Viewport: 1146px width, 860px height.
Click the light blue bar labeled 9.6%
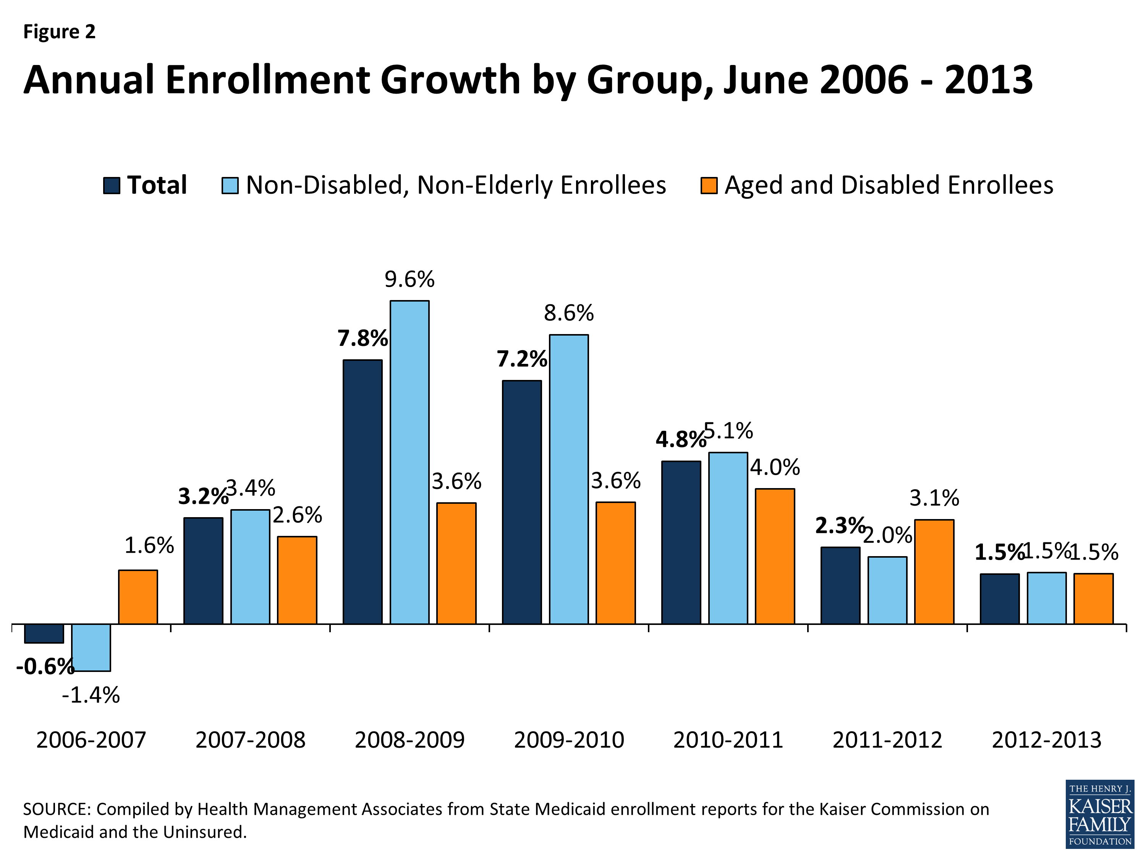(409, 462)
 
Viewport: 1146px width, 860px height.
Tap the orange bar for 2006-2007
(138, 597)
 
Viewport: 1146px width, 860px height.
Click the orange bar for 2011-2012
(934, 571)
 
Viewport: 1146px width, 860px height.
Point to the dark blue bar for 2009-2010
(522, 502)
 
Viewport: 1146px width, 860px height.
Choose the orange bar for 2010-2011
(775, 556)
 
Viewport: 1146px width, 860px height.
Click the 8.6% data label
(568, 313)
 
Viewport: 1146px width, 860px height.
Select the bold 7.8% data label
(362, 339)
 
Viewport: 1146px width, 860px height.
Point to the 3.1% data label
(934, 498)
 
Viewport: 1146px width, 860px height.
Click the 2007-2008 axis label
(250, 740)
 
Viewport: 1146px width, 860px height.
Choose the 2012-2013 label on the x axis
(1047, 740)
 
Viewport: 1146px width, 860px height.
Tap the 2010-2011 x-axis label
(728, 740)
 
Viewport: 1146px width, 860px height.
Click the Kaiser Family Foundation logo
(1099, 814)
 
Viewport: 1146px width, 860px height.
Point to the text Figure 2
(60, 32)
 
